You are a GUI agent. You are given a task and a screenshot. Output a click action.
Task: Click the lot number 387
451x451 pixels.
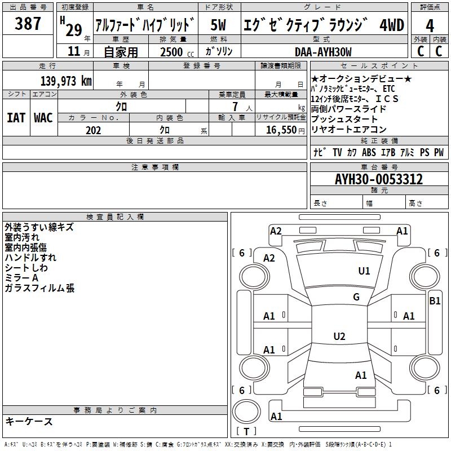pyautogui.click(x=28, y=24)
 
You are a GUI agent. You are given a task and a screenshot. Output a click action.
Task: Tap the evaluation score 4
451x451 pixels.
pyautogui.click(x=430, y=26)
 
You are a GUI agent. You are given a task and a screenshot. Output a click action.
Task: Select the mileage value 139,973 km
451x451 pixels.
pyautogui.click(x=66, y=81)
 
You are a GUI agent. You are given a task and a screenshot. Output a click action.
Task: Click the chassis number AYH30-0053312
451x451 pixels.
pyautogui.click(x=378, y=180)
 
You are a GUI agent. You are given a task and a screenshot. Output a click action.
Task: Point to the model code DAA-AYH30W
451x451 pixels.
pyautogui.click(x=323, y=52)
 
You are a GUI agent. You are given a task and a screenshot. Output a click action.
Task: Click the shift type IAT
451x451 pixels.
pyautogui.click(x=16, y=118)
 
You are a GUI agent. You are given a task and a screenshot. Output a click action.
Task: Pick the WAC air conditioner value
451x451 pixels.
pyautogui.click(x=43, y=118)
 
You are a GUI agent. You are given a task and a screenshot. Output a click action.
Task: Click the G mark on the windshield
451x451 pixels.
pyautogui.click(x=356, y=297)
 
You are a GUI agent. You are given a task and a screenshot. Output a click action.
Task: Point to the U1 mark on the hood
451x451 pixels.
pyautogui.click(x=364, y=271)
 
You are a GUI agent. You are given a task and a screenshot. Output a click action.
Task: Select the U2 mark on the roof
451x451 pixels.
pyautogui.click(x=339, y=337)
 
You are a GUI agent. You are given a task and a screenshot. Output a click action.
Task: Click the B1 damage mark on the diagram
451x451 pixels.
pyautogui.click(x=435, y=301)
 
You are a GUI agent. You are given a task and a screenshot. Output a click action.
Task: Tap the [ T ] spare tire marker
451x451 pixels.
pyautogui.click(x=246, y=432)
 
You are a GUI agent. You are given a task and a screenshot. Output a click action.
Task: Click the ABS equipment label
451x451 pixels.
pyautogui.click(x=369, y=152)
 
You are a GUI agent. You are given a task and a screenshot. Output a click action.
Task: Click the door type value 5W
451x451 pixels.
pyautogui.click(x=218, y=25)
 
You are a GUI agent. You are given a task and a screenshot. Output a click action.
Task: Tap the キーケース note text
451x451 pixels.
pyautogui.click(x=29, y=422)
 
